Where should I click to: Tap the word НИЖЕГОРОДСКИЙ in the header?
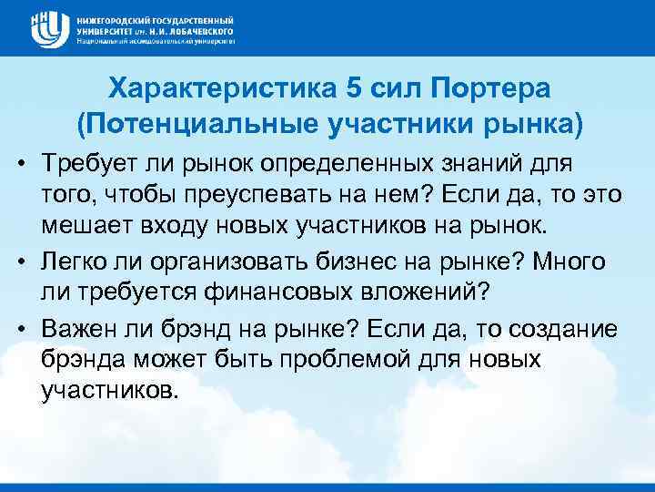point(112,18)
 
